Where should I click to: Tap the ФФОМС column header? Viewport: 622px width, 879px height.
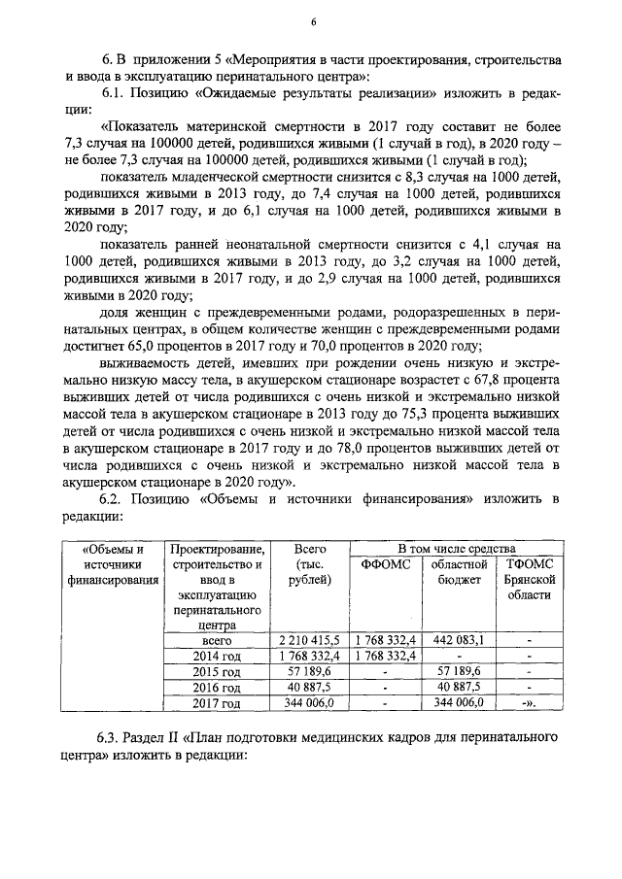point(385,564)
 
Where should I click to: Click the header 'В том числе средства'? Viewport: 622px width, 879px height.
point(456,547)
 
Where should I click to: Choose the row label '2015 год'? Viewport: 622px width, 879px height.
point(216,671)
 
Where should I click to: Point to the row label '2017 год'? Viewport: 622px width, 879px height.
point(216,703)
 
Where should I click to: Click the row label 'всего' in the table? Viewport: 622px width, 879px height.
point(216,640)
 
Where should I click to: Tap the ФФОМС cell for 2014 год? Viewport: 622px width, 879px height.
point(385,656)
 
